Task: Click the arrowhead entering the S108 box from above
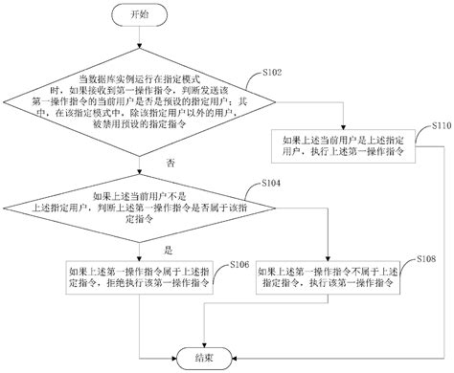coord(329,257)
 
